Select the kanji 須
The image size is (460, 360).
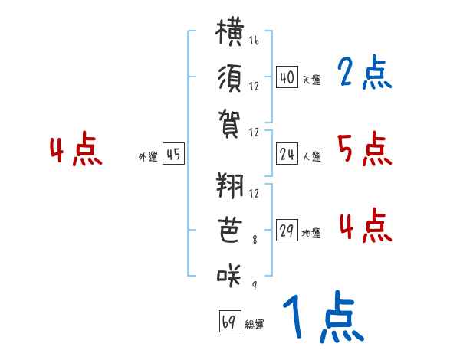(x=230, y=78)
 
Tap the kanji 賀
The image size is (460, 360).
(x=229, y=124)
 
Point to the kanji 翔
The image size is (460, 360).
(x=230, y=185)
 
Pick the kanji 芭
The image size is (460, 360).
(x=230, y=230)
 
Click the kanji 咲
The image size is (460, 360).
(x=229, y=275)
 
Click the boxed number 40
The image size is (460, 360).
(x=287, y=77)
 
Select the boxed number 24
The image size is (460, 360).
(x=287, y=154)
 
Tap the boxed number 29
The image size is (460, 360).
(x=287, y=230)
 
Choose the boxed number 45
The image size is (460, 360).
(x=173, y=153)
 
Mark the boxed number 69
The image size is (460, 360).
(x=230, y=321)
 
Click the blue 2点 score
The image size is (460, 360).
(x=365, y=72)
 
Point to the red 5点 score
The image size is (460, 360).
(x=365, y=149)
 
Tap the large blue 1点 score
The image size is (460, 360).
(x=324, y=316)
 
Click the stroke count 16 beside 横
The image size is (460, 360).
(x=254, y=40)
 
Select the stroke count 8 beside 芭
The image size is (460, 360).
(x=255, y=240)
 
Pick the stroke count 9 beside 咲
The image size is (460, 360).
(x=255, y=285)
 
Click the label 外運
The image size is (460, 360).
(x=148, y=157)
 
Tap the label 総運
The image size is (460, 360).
(x=255, y=324)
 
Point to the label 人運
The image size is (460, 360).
(x=312, y=156)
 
